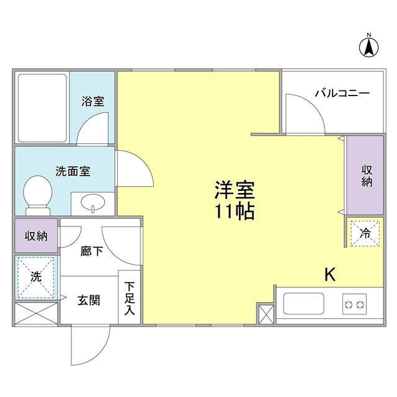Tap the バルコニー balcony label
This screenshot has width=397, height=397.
click(342, 94)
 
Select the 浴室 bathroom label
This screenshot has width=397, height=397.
click(93, 102)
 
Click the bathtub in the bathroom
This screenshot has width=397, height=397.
click(42, 108)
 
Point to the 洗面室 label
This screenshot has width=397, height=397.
click(73, 171)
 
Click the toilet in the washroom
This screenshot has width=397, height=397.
click(39, 192)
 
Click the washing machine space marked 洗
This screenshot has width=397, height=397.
click(37, 277)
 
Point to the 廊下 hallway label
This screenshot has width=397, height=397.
click(92, 251)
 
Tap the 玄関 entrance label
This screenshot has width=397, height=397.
click(89, 300)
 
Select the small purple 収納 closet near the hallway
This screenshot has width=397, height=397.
click(37, 236)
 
